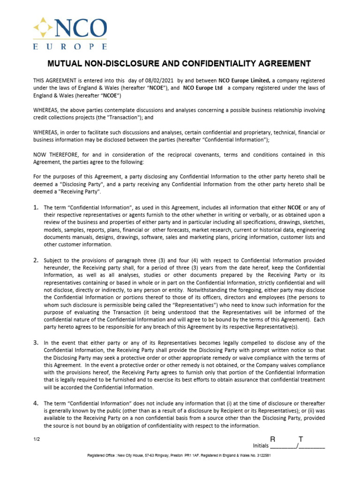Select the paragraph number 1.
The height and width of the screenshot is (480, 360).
pos(35,207)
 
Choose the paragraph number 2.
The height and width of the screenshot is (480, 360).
pos(35,260)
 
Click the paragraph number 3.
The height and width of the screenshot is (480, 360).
pos(35,343)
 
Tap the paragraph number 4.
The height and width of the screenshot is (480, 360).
pos(35,403)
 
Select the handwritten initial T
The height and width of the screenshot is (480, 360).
pos(301,439)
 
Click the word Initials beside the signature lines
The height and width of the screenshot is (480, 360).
pos(261,446)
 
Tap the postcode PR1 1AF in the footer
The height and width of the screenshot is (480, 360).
pos(194,456)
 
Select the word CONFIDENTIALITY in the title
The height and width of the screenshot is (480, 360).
pos(206,63)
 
